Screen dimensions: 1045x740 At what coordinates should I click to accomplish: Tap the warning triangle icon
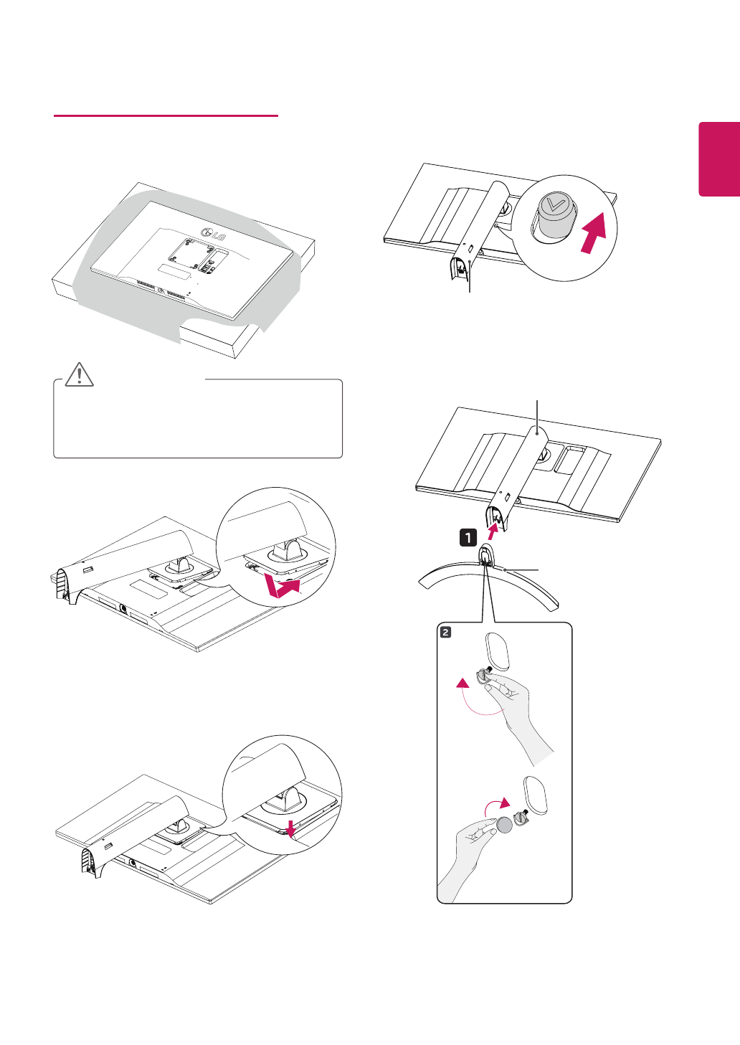[79, 374]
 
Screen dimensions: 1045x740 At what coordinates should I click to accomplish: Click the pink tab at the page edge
[719, 159]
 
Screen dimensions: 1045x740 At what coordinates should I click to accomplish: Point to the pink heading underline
[166, 115]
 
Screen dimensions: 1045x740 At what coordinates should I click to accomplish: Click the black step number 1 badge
[468, 536]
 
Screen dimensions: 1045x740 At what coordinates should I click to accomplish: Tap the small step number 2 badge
[446, 632]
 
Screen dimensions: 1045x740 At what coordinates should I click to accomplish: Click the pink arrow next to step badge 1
[493, 531]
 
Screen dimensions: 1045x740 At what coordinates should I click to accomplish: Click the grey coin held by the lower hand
[505, 825]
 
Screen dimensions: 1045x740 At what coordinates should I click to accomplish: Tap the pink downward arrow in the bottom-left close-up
[290, 828]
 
